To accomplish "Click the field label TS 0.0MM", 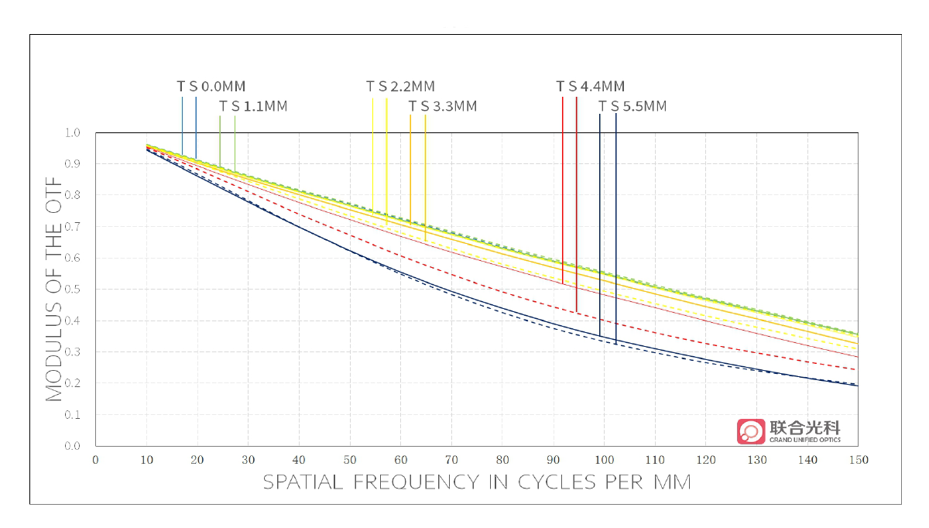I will click(x=211, y=87).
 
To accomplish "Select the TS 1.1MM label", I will click(x=253, y=107).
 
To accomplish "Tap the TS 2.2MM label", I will click(x=400, y=87).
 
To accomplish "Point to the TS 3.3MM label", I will click(x=443, y=107).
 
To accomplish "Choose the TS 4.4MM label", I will click(x=590, y=87).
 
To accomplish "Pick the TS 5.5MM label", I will click(x=632, y=107).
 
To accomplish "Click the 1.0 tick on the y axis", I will click(x=72, y=133).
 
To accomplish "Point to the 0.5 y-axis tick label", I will click(x=72, y=290).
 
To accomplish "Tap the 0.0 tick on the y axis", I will click(x=72, y=446).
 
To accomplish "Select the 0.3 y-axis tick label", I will click(x=72, y=352).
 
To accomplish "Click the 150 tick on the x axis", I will click(x=858, y=460).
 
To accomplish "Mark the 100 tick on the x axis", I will click(x=604, y=460).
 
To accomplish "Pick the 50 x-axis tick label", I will click(x=349, y=460).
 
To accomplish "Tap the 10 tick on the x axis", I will click(x=146, y=460).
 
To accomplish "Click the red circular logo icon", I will click(x=750, y=431).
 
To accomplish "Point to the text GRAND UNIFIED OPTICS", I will click(x=804, y=441).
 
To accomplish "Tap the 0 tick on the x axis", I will click(x=95, y=460).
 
